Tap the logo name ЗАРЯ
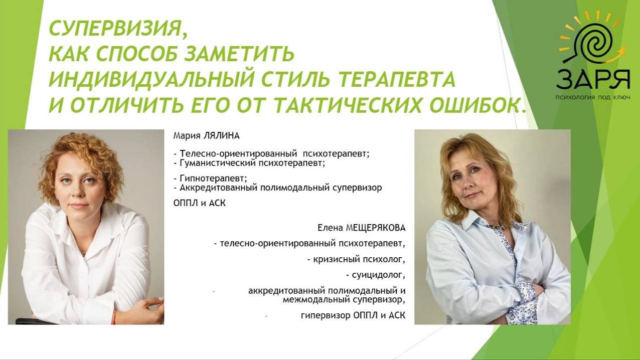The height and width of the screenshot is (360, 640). (592, 80)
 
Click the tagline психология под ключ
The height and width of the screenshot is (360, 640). (592, 97)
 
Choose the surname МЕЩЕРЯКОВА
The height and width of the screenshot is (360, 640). (376, 228)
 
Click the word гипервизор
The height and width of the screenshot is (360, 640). (326, 315)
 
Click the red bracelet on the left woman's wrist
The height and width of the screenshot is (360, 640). (114, 316)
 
